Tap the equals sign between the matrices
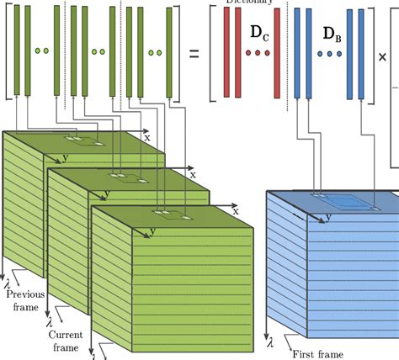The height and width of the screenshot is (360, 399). coord(194,54)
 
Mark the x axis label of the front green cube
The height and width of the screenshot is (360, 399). coord(242,208)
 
